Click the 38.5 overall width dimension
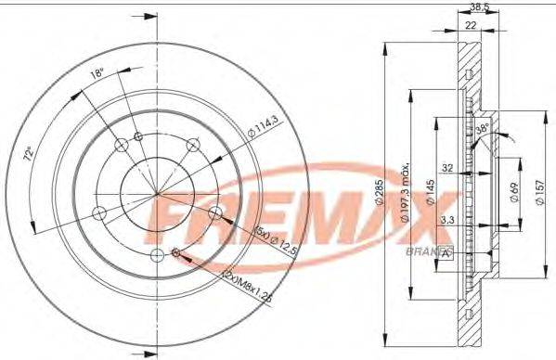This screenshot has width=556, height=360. pyautogui.click(x=479, y=7)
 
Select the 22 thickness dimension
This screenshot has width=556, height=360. pyautogui.click(x=471, y=26)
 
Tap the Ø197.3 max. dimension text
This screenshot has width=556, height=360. pyautogui.click(x=406, y=193)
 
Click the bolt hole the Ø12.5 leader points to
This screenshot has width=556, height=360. pyautogui.click(x=215, y=215)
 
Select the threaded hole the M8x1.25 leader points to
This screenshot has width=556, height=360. pyautogui.click(x=176, y=252)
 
